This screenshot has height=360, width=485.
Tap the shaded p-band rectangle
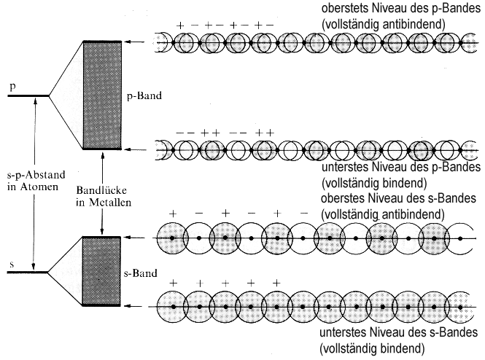point(102,95)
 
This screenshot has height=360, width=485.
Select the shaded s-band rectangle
point(102,270)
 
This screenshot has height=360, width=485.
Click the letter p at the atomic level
point(12,86)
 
